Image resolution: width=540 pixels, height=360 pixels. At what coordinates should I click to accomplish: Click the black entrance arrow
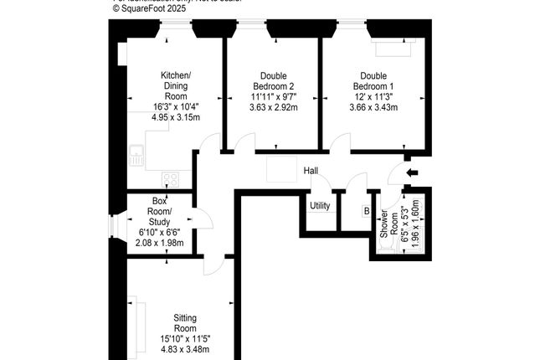tap(410, 173)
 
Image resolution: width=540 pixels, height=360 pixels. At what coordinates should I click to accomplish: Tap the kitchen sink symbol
tap(137, 152)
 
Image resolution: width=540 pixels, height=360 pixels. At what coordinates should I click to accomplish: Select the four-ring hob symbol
tap(171, 178)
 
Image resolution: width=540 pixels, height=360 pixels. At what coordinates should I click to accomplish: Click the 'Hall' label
tap(311, 171)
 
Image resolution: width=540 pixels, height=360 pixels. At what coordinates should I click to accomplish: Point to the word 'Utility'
tap(320, 206)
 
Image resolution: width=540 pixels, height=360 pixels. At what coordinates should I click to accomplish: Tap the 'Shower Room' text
tap(387, 224)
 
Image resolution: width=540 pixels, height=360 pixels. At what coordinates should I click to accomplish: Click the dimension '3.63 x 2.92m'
tap(272, 106)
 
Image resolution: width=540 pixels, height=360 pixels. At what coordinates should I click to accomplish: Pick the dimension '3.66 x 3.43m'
tap(373, 106)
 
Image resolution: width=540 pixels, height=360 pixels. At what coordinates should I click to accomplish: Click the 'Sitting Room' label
tap(185, 323)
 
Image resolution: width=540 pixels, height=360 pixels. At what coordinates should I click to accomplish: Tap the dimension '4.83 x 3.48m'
tap(185, 348)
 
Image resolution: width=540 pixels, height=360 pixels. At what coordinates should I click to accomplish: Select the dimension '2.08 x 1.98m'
tap(160, 243)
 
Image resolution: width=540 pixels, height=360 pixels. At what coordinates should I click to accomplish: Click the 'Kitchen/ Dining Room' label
tap(176, 86)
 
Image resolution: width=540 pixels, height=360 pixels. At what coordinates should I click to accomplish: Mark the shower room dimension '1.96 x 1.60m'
tap(416, 224)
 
